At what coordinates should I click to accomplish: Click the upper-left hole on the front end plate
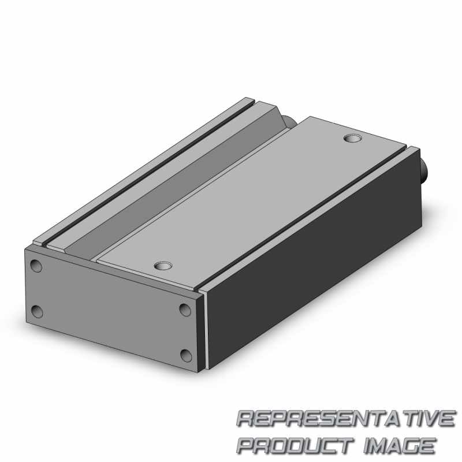pyautogui.click(x=36, y=266)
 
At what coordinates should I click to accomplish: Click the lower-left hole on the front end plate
pyautogui.click(x=37, y=312)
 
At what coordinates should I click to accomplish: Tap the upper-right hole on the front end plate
pyautogui.click(x=185, y=310)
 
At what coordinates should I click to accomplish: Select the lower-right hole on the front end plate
pyautogui.click(x=186, y=356)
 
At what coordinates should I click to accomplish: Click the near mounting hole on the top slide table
pyautogui.click(x=163, y=266)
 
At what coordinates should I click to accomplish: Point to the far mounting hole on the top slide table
pyautogui.click(x=353, y=138)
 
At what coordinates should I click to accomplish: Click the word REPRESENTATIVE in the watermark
pyautogui.click(x=346, y=418)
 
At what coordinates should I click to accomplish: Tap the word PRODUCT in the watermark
pyautogui.click(x=295, y=445)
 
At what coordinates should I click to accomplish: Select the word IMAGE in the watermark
pyautogui.click(x=400, y=445)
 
